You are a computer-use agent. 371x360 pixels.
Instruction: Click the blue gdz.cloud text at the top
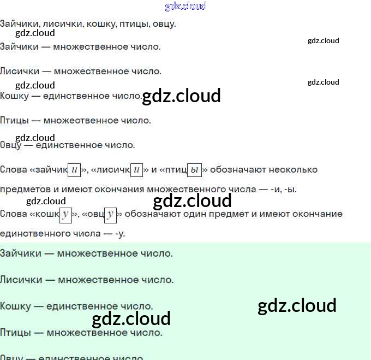click(185, 7)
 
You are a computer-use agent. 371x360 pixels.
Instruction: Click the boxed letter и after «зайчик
click(74, 170)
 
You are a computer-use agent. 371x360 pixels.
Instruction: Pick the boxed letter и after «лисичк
click(137, 170)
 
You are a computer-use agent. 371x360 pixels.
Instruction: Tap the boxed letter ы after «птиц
click(194, 170)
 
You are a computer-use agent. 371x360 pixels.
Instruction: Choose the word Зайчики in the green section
click(20, 253)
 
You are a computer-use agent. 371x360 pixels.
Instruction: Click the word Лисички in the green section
click(21, 280)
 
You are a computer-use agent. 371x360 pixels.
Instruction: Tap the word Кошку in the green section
click(15, 306)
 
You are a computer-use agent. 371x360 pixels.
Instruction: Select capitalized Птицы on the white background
click(14, 120)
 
